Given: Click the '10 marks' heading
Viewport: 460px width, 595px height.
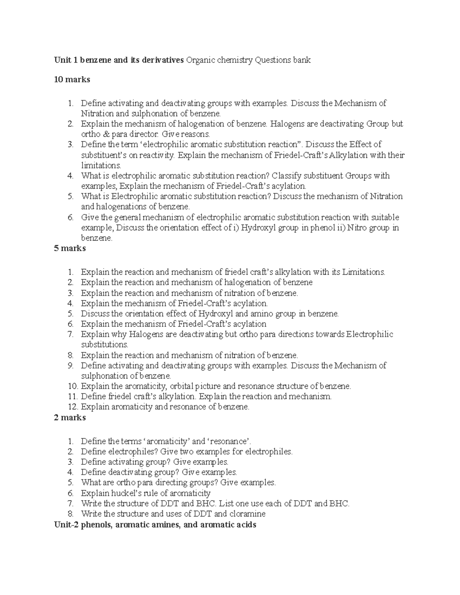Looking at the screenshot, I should pyautogui.click(x=72, y=80).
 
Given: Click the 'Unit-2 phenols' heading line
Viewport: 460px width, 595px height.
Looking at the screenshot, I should pyautogui.click(x=155, y=525).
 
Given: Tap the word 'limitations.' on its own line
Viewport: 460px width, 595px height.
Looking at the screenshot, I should pyautogui.click(x=101, y=166).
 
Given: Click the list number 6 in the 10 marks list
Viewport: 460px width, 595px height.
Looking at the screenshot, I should pyautogui.click(x=70, y=218).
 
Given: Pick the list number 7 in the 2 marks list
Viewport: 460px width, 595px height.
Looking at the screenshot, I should pyautogui.click(x=70, y=503).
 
